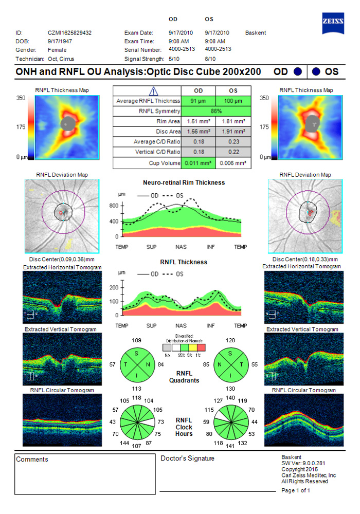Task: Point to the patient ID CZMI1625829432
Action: tap(69, 33)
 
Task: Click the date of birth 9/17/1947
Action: tap(59, 41)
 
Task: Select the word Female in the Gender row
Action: tap(57, 50)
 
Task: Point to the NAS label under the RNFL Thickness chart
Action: tap(181, 326)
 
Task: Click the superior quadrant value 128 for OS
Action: tap(229, 341)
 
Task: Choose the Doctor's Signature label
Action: tap(188, 458)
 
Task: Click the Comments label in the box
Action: tap(32, 460)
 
